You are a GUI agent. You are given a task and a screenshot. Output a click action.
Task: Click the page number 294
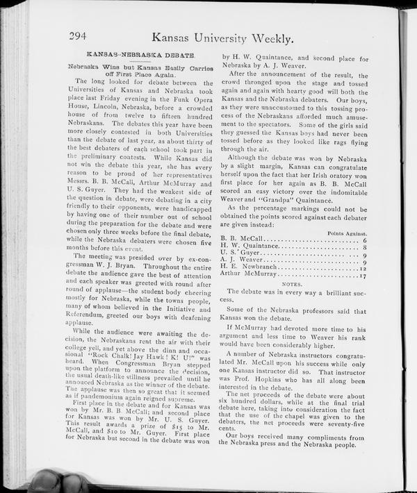pos(81,37)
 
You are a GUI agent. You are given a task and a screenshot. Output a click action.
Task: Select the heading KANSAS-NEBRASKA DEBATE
pos(139,54)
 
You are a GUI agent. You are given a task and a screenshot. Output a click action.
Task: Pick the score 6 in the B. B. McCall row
pos(365,241)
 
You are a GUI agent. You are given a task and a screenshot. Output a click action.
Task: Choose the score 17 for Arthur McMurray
pos(363,276)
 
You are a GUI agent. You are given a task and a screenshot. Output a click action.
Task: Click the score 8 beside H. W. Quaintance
pos(365,247)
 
